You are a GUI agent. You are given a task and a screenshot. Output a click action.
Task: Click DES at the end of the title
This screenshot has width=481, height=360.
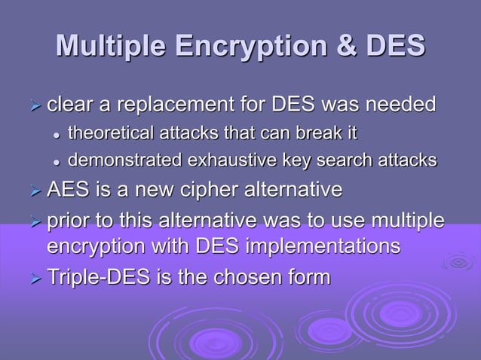tap(394, 47)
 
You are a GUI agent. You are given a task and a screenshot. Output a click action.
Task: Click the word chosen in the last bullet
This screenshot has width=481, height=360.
tap(246, 277)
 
